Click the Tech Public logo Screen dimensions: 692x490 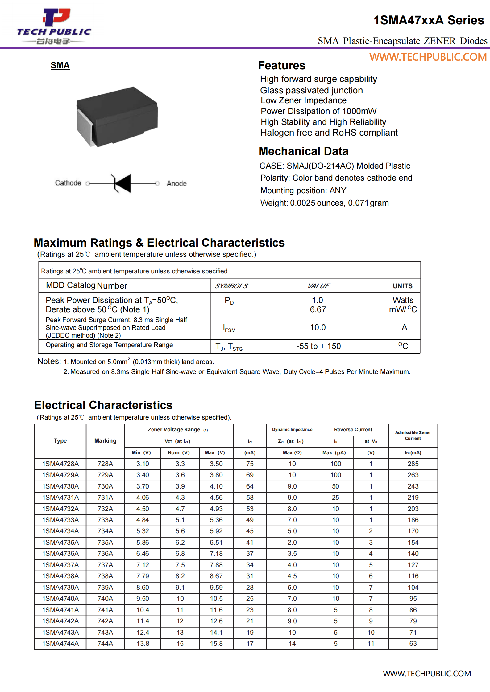pos(54,26)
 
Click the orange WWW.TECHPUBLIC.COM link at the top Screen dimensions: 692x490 pos(428,57)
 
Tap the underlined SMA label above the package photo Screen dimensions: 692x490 pos(60,65)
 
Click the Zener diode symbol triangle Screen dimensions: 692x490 pos(123,183)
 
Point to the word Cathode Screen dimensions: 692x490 pos(68,183)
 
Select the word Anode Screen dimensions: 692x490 pos(176,183)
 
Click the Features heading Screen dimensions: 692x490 pos(281,66)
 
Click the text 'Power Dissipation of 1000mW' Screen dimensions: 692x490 pos(318,111)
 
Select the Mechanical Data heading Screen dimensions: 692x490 pos(303,151)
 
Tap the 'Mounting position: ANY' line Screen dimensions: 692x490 pos(303,190)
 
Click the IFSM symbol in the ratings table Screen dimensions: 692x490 pos(229,328)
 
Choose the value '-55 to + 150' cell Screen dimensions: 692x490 pos(318,346)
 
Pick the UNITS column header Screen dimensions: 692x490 pos(402,286)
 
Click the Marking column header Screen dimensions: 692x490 pos(105,441)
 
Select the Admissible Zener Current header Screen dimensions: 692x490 pos(413,435)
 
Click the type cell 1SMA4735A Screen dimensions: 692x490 pos(60,542)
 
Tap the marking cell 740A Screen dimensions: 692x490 pos(105,598)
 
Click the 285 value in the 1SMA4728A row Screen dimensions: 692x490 pos(413,464)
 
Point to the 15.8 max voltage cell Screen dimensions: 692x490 pos(216,643)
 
